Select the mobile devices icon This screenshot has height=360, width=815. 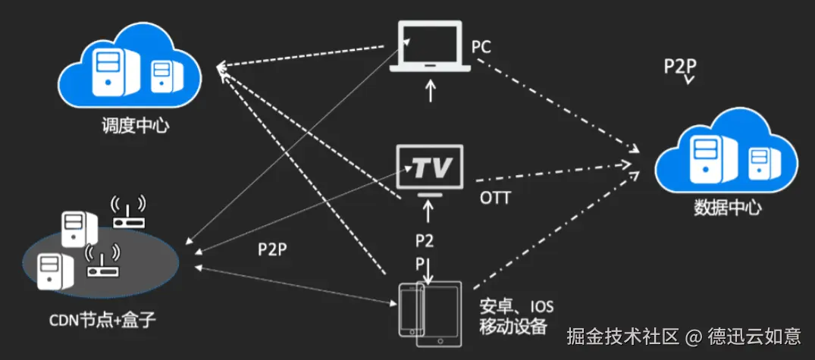430,308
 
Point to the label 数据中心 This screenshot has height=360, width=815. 727,208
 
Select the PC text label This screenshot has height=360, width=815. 481,48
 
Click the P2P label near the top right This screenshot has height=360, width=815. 680,66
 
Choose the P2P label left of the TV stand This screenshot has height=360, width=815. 271,248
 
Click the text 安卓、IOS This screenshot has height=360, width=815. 516,308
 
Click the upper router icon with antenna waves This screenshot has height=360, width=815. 128,213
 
